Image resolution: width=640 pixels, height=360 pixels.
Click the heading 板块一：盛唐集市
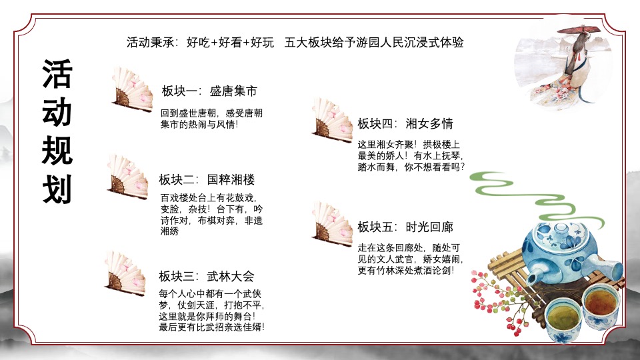[x=209, y=91]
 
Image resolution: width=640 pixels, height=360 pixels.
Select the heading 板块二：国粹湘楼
[x=207, y=179]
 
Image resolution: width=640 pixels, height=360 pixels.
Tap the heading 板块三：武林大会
[x=206, y=276]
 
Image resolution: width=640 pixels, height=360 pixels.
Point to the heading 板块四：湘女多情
[x=405, y=123]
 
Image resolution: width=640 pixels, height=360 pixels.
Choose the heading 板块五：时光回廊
[x=405, y=227]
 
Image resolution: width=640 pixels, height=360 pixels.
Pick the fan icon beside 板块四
[x=331, y=120]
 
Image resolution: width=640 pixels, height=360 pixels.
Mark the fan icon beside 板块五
[x=331, y=223]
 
